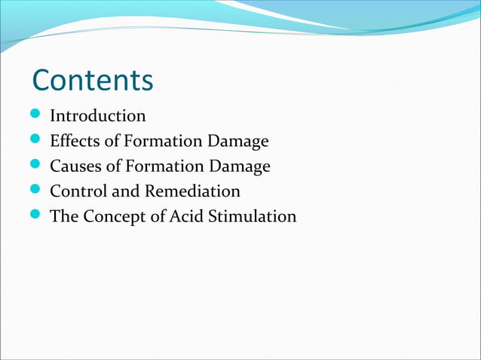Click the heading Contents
[x=92, y=80]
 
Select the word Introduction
[x=97, y=116]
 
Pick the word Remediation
[x=193, y=191]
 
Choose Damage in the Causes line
[x=242, y=166]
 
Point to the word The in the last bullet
[x=64, y=216]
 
